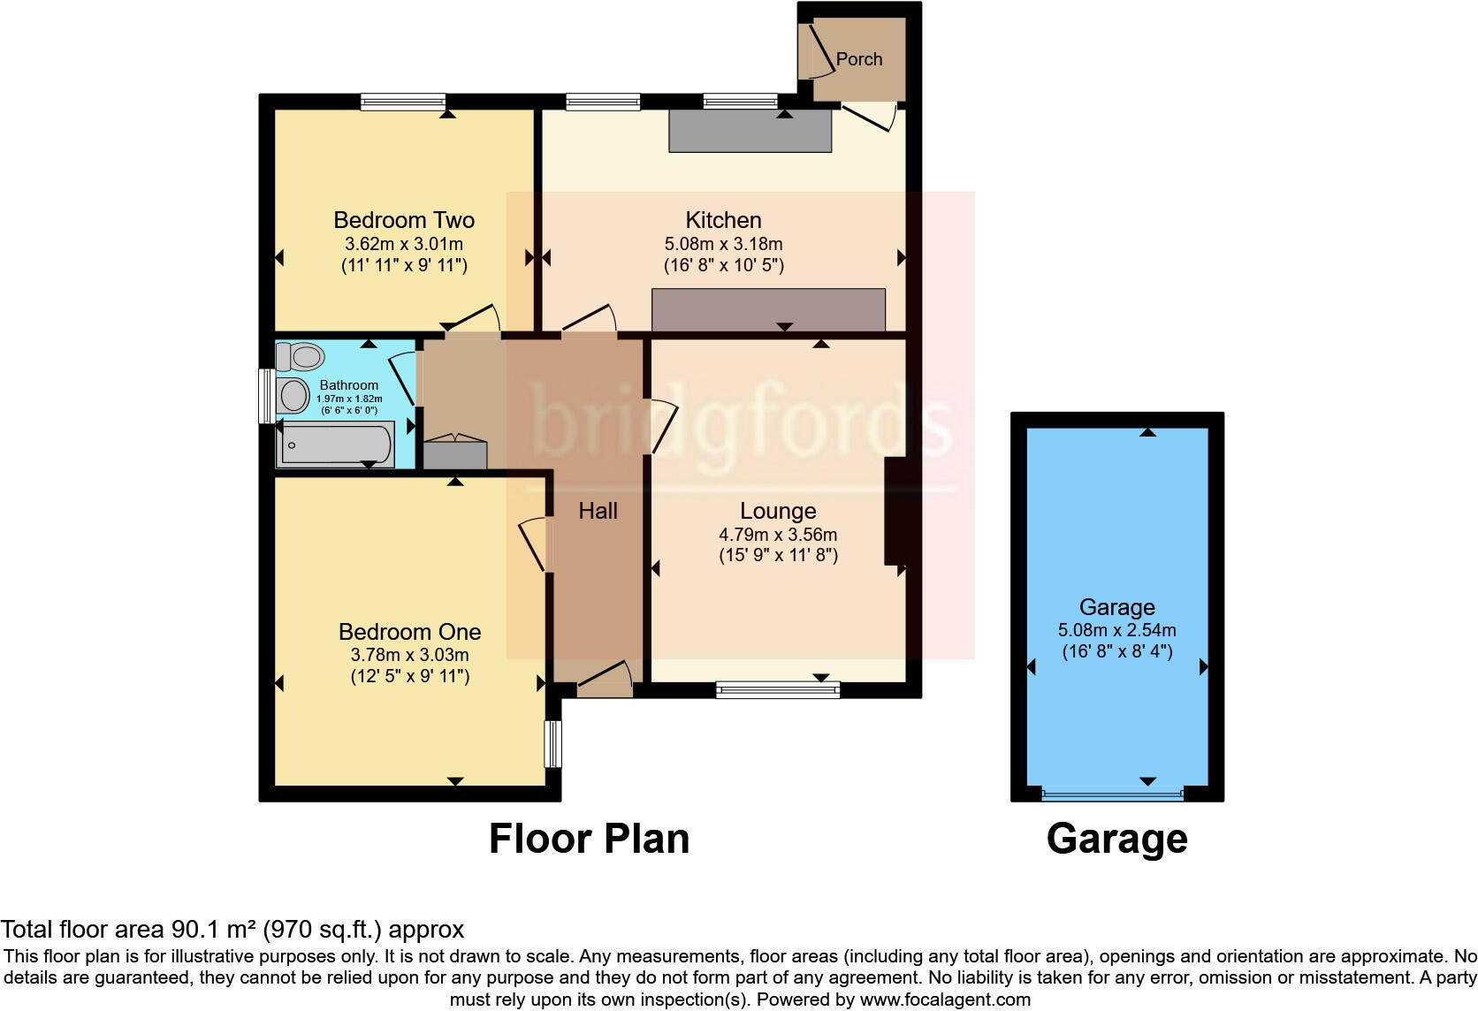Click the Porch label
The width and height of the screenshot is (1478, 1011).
[858, 59]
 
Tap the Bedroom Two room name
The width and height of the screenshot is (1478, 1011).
[404, 220]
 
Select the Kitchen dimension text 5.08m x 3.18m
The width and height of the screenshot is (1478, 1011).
[723, 244]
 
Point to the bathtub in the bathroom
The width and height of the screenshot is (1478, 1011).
[336, 445]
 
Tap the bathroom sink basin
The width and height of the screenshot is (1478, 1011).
[293, 393]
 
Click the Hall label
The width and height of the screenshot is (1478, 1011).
[598, 511]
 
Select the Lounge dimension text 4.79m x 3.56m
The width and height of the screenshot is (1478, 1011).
[778, 535]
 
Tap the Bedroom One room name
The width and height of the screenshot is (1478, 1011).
[409, 632]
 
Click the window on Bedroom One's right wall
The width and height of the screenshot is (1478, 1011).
[552, 743]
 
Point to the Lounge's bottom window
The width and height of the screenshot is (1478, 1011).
[777, 689]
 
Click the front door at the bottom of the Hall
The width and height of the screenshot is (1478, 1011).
[606, 683]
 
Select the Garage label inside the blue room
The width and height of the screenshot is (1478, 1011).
[1116, 607]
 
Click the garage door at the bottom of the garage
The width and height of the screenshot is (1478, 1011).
[1112, 795]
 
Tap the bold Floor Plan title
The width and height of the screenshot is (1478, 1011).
[589, 839]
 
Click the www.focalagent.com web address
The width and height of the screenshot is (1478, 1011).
[945, 1000]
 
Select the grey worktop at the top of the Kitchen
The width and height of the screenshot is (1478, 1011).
[750, 132]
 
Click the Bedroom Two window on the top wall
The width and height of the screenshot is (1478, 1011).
[402, 103]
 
